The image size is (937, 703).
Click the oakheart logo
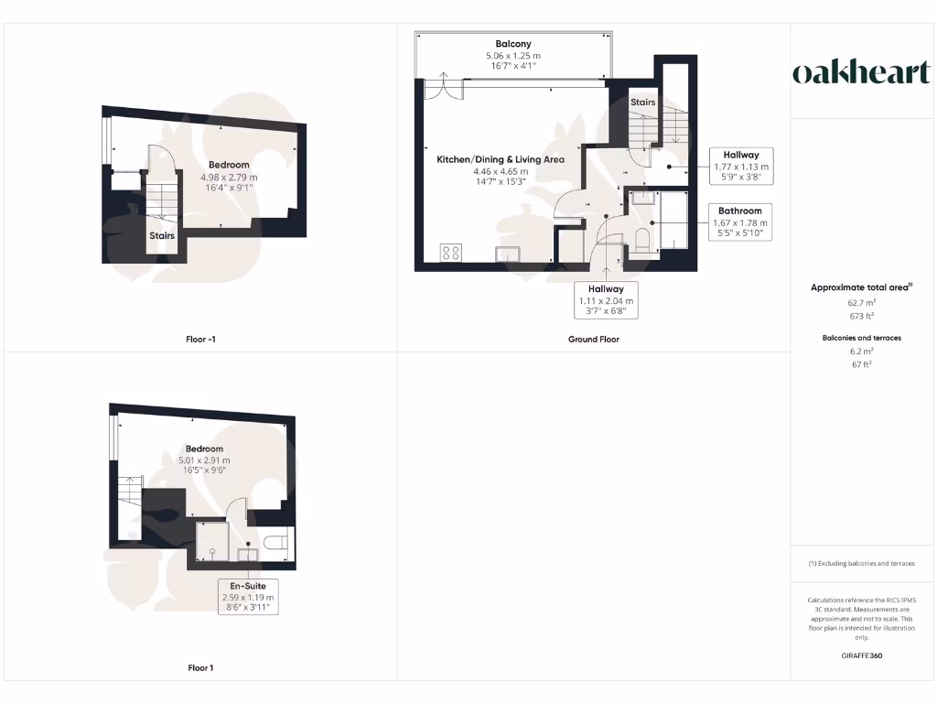point(860,73)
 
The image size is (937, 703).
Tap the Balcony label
point(512,44)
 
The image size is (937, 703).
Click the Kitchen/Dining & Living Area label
point(500,159)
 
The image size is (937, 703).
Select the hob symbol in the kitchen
point(451,254)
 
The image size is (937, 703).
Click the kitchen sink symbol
point(507,254)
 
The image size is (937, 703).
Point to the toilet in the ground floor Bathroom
point(641,241)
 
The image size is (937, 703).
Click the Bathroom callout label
point(740,211)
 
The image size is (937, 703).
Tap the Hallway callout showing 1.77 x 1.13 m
point(740,156)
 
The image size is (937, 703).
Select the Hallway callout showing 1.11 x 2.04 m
point(605,288)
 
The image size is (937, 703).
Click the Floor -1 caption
point(200,340)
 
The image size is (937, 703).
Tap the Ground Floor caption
point(593,340)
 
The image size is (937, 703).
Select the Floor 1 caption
point(200,668)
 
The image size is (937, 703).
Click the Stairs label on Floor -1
point(162,235)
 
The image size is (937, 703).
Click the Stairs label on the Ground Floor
point(642,103)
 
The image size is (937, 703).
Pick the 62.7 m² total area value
point(860,301)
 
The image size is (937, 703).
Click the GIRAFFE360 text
point(860,656)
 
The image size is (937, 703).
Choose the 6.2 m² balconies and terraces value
point(860,351)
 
